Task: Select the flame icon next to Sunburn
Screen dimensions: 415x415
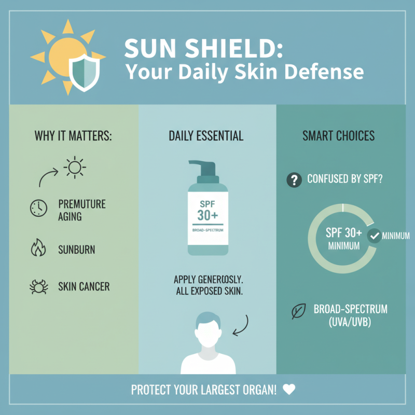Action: [38, 249]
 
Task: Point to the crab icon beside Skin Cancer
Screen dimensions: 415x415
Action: [38, 286]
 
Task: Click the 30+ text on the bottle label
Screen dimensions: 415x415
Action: [208, 215]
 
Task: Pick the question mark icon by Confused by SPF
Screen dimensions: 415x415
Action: [294, 180]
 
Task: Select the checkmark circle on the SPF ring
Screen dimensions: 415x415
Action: [374, 236]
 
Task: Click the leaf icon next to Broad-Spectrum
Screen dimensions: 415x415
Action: [299, 312]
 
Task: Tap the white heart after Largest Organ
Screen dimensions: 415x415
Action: [289, 389]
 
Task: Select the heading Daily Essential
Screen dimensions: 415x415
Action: [206, 136]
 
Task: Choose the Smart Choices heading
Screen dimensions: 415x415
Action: [338, 136]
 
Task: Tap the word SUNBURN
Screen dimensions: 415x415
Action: [77, 250]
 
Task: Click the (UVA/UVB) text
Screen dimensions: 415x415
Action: [343, 321]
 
